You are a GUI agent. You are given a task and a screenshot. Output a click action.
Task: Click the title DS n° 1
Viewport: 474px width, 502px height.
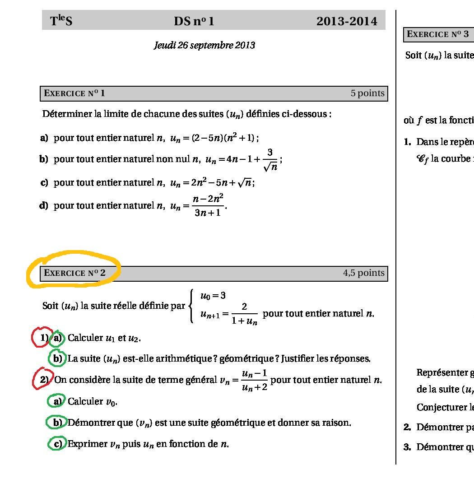(x=194, y=21)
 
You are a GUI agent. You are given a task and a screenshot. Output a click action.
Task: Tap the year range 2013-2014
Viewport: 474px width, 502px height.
(x=346, y=21)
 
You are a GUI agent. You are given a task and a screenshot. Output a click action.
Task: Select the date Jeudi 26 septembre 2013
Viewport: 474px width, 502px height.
(x=204, y=45)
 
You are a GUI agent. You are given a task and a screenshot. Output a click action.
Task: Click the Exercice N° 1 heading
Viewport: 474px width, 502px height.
(x=74, y=93)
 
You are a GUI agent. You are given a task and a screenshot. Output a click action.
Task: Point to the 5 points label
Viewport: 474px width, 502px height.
(x=367, y=93)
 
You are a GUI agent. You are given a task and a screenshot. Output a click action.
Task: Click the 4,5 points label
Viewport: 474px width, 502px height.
(x=363, y=273)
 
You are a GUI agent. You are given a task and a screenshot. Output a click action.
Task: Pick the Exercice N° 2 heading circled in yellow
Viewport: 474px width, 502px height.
(x=74, y=273)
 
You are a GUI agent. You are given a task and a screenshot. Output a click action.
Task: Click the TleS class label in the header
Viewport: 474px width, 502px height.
(x=61, y=21)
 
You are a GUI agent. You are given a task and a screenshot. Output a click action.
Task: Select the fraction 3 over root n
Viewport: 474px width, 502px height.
(x=270, y=160)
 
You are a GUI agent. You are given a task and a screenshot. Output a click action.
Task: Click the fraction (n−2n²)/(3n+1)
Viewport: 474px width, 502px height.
(x=208, y=205)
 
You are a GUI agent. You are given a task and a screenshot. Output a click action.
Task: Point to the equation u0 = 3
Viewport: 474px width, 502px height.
(x=213, y=296)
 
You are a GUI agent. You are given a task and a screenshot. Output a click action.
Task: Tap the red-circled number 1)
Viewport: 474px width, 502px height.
(x=43, y=338)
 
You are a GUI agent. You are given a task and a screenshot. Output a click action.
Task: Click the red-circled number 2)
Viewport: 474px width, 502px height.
(x=43, y=380)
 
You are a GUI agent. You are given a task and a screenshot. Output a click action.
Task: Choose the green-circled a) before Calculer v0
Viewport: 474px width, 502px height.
(x=57, y=401)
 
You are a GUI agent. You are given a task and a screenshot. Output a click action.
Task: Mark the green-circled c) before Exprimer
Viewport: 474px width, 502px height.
(x=57, y=444)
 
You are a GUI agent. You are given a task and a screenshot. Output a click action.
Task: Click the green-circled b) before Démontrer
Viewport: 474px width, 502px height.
(x=57, y=423)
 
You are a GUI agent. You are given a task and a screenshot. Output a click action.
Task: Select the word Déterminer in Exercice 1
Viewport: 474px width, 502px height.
(x=67, y=114)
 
